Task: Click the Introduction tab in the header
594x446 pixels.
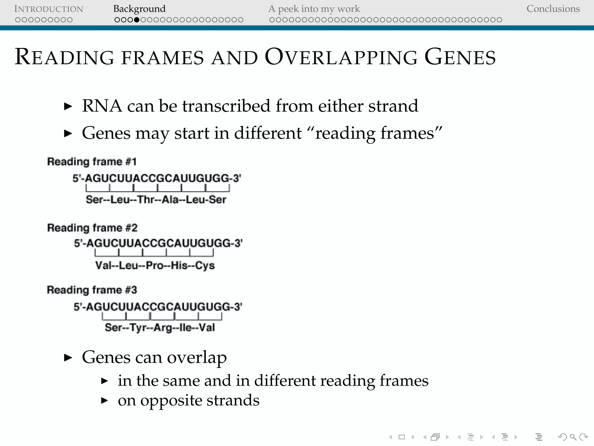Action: coord(48,9)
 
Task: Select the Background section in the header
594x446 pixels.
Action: coord(139,9)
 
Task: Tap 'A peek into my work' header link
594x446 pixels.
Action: coord(314,9)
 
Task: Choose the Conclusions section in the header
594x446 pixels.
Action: coord(553,9)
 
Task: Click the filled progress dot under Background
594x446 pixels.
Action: coord(137,20)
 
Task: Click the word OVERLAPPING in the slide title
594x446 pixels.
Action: coord(341,57)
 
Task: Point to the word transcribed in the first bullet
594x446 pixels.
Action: coord(227,106)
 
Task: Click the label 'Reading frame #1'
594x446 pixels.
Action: coord(92,161)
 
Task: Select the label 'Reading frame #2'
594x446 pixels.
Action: coord(92,228)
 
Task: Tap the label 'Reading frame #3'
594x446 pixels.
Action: coord(92,290)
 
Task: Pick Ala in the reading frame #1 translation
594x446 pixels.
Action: coord(170,200)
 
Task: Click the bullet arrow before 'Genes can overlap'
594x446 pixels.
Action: coord(68,357)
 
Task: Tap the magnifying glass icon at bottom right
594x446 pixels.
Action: coord(573,437)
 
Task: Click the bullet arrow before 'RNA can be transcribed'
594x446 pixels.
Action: coord(68,106)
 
